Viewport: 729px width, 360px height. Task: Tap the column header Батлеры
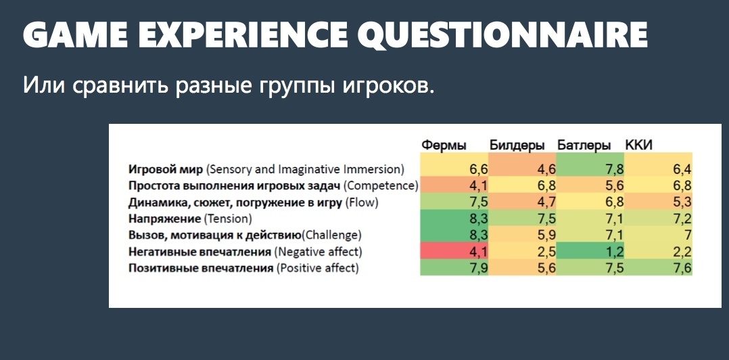pyautogui.click(x=584, y=145)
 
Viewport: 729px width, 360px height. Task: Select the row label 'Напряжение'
pyautogui.click(x=161, y=219)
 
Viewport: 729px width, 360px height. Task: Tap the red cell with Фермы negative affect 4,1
pyautogui.click(x=454, y=252)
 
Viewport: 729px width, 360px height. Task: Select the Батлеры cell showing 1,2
pyautogui.click(x=590, y=252)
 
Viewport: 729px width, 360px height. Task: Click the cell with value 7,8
pyautogui.click(x=590, y=169)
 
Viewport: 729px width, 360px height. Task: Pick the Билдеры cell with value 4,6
pyautogui.click(x=523, y=169)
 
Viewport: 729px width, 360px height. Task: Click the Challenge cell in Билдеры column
pyautogui.click(x=523, y=235)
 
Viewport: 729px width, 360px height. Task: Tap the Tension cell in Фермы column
pyautogui.click(x=454, y=219)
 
